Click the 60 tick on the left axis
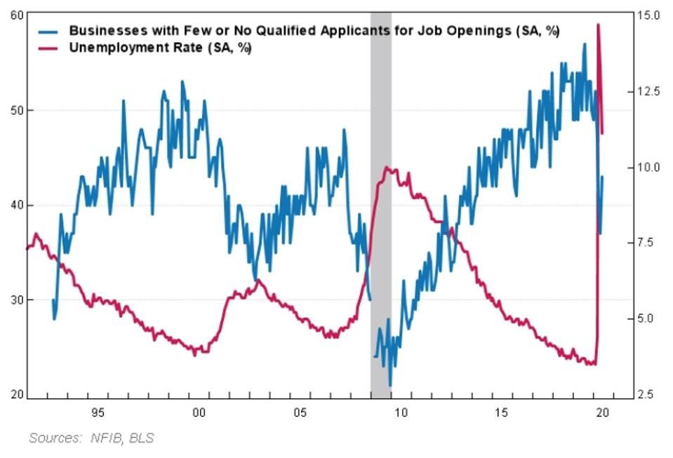(12, 15)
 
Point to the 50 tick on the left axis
(12, 110)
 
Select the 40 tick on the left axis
(12, 205)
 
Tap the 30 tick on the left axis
(12, 299)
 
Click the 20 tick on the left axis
(12, 394)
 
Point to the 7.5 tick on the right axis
(650, 243)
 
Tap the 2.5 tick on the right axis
(650, 394)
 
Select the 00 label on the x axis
(199, 411)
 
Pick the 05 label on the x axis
(300, 411)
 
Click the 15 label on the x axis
(502, 411)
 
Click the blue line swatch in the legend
(49, 31)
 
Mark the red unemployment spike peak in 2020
(598, 25)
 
